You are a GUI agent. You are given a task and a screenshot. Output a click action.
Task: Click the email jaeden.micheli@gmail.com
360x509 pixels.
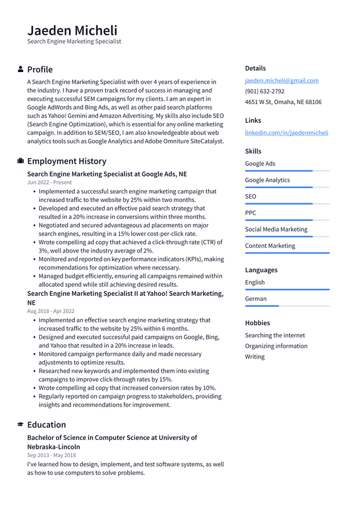click(x=281, y=80)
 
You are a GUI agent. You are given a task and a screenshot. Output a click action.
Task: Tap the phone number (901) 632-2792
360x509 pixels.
click(x=264, y=91)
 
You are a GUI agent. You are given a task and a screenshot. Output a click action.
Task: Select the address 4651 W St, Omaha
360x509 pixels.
click(x=283, y=102)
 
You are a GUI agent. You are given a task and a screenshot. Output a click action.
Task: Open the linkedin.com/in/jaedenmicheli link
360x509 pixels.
click(x=286, y=133)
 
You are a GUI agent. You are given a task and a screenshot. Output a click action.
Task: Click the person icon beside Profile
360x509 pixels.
click(x=21, y=69)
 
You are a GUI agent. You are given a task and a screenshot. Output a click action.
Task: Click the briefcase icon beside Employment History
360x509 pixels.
click(x=21, y=161)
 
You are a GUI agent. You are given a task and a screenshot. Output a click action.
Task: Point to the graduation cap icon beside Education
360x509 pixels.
click(x=21, y=425)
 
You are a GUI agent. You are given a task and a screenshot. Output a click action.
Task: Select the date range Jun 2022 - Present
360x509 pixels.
click(x=49, y=182)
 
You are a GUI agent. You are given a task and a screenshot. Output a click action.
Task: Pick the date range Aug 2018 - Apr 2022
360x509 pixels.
click(x=51, y=311)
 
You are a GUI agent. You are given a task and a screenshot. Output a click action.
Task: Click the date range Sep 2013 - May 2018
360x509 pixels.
click(x=51, y=455)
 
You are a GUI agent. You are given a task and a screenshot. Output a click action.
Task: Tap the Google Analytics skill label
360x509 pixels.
click(x=267, y=180)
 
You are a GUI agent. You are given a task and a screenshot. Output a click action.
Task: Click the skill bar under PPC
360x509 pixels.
click(x=287, y=220)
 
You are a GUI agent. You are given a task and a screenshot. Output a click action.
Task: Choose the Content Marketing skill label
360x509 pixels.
click(x=269, y=246)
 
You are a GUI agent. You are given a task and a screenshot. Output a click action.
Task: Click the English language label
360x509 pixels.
click(x=254, y=282)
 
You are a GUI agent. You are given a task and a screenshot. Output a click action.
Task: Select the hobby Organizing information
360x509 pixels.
click(x=276, y=346)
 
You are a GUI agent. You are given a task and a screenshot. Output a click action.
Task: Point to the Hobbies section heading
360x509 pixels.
click(x=257, y=323)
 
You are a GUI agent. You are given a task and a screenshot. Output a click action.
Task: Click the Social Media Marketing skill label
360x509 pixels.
click(x=276, y=229)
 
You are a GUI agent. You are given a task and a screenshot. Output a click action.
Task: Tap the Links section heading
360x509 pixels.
click(x=253, y=120)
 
